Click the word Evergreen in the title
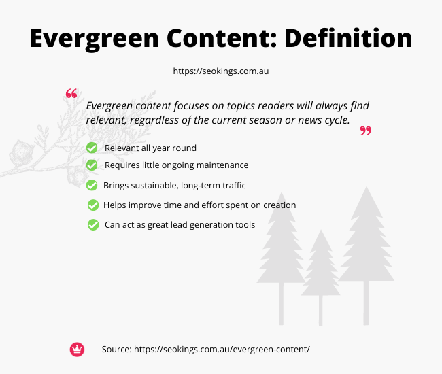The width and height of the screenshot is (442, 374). pos(95,39)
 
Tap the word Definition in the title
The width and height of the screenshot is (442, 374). pos(348,38)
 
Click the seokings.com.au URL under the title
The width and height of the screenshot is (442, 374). pos(221,71)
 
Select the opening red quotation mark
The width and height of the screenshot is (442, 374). pos(71,93)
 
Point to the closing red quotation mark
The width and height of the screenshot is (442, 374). pos(366,131)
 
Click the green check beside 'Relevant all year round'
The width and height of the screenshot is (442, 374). pos(92,148)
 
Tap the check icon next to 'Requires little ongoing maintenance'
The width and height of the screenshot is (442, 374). pos(92,165)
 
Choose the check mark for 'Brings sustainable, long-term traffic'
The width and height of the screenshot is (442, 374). pos(92,185)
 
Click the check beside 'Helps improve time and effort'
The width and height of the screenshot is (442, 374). pos(93,205)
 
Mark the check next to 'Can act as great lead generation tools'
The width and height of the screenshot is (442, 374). pos(93,225)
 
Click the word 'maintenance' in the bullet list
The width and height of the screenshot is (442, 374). pos(222,165)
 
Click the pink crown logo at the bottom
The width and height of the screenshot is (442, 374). pos(77,350)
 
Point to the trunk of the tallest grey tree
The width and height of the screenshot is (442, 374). pos(366,303)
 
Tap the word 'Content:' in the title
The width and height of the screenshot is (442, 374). pos(222,38)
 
